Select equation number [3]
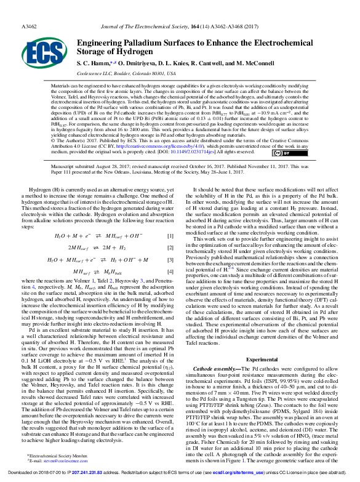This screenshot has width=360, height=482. (170, 260)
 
